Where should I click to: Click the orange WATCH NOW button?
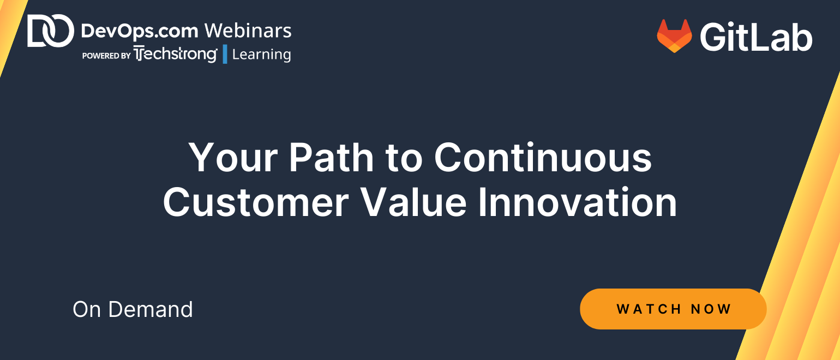pos(673,309)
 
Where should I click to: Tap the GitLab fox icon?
pos(674,36)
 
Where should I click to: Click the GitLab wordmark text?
pos(756,37)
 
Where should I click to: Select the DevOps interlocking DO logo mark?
pos(51,31)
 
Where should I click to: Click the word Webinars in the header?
pos(248,31)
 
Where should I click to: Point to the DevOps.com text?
pos(140,31)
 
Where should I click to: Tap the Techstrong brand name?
pos(176,54)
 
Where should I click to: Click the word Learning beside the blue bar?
pos(261,55)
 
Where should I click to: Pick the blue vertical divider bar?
pos(225,54)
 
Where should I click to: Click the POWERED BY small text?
pos(106,56)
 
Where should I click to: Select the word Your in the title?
pos(233,158)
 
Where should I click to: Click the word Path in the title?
pos(331,158)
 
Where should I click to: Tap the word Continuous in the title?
pos(543,158)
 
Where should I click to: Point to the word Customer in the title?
pos(256,202)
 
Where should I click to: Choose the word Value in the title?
pos(413,202)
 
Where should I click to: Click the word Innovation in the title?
pos(578,202)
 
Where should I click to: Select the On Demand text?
pos(133,309)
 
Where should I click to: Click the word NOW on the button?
pos(711,309)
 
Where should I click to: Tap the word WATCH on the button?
pos(649,309)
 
